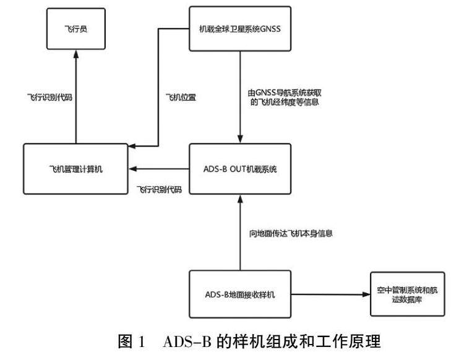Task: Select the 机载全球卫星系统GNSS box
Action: click(239, 28)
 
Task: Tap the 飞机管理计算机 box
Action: click(76, 168)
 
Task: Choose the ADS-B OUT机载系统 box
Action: click(239, 168)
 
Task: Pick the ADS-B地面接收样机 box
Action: click(239, 294)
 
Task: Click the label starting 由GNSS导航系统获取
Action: click(283, 98)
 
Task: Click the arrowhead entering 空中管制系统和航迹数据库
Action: click(365, 294)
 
